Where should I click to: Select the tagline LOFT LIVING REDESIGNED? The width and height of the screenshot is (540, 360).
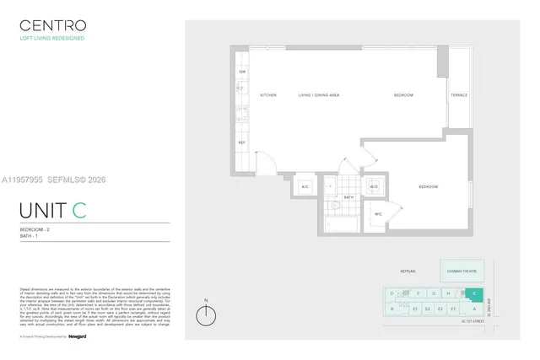[51, 39]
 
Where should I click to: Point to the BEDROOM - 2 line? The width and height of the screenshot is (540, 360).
[35, 230]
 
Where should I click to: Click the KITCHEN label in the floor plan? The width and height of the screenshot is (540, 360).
[268, 95]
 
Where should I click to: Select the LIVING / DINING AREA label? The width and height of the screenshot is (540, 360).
[321, 95]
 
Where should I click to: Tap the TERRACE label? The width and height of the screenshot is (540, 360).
[459, 95]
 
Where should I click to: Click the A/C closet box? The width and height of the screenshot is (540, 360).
[305, 186]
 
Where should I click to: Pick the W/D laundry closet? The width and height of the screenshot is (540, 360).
[373, 186]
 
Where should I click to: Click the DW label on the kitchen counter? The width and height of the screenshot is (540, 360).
[242, 72]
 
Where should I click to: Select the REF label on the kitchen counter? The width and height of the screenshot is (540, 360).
[241, 143]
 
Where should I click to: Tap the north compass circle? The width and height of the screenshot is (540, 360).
[204, 316]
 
